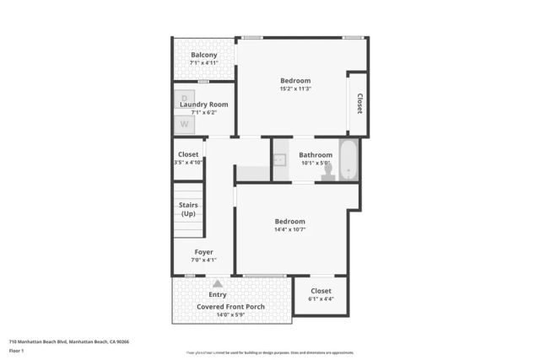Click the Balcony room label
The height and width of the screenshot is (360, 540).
pos(203,55)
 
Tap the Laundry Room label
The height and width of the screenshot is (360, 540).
pos(203,104)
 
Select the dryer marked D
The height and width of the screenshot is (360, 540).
pos(184,99)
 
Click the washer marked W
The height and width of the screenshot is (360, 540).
pos(184,124)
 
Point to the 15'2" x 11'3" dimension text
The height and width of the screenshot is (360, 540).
pos(295,89)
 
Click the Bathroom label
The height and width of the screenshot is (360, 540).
pos(316,154)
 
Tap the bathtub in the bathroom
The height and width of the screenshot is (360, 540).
pos(349,160)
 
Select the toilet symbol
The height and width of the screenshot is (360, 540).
pos(328,171)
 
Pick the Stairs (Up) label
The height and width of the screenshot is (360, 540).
pos(188,209)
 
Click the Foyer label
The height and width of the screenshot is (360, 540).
pos(203,251)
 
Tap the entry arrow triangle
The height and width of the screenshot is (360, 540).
pos(218,284)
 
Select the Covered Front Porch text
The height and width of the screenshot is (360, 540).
pos(230,306)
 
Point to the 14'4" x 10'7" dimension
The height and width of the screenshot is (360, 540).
pos(289,229)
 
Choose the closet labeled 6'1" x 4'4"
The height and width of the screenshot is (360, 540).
pos(321,294)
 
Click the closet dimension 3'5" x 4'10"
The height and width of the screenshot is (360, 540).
pos(188,162)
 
